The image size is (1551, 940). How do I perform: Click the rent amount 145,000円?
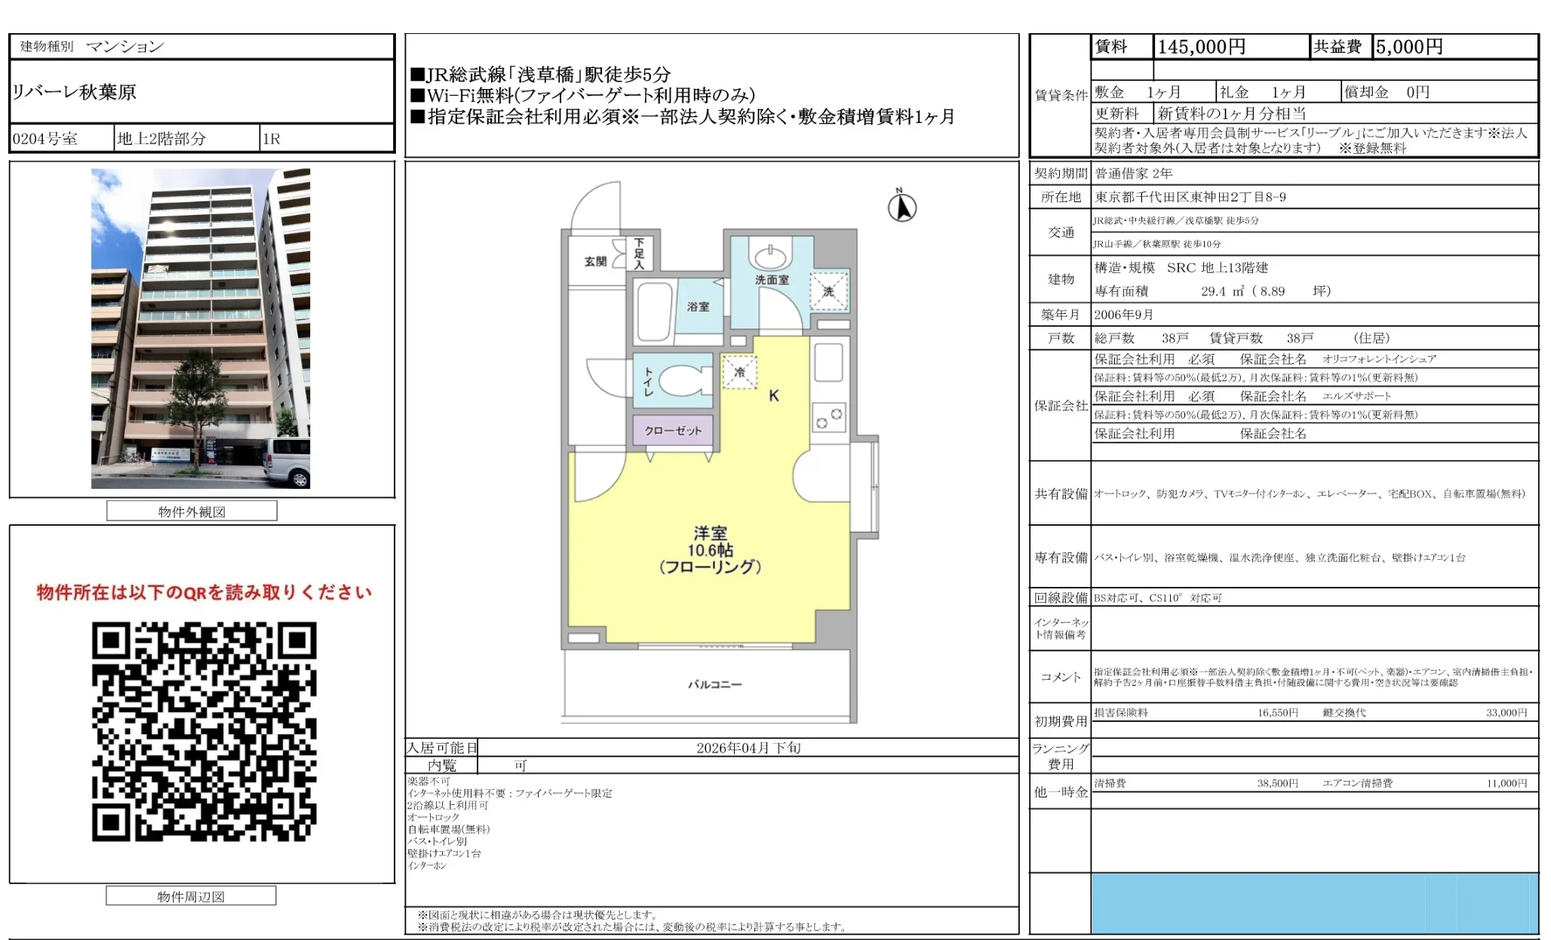(1201, 47)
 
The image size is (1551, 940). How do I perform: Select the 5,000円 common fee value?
(1409, 47)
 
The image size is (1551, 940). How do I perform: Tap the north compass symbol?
(901, 207)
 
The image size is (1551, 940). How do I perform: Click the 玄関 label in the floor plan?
(595, 261)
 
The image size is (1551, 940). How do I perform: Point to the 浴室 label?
(698, 306)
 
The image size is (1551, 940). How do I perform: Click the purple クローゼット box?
(673, 430)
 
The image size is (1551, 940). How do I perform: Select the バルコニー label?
(714, 684)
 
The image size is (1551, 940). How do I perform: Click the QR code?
(204, 731)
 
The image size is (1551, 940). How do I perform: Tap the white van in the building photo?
(287, 462)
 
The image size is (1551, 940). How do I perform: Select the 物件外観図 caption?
(192, 511)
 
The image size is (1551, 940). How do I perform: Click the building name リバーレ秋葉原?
(74, 92)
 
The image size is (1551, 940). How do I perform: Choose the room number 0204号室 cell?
(45, 139)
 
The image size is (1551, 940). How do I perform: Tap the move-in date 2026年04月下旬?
(748, 748)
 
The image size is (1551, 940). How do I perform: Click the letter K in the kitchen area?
(773, 395)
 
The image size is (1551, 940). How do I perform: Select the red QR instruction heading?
(204, 592)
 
